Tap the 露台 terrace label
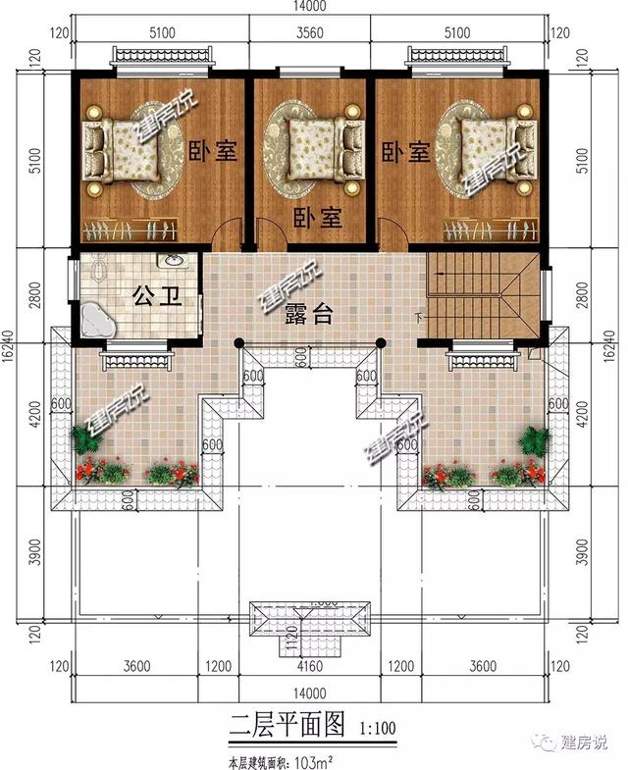pos(309,314)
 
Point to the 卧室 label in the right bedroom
pos(405,152)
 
